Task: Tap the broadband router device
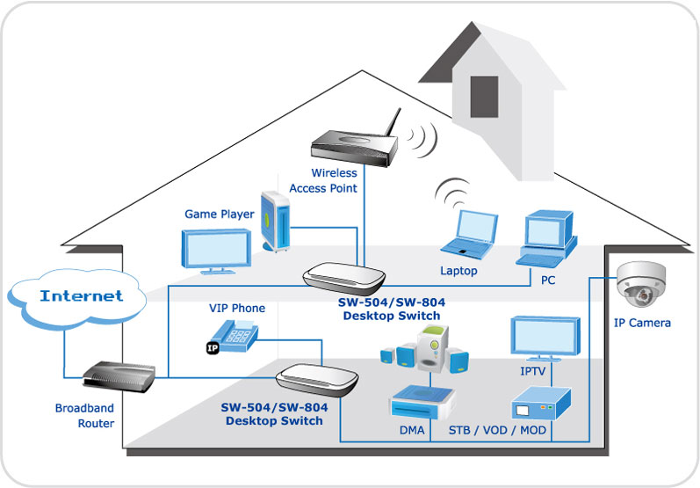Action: coord(112,376)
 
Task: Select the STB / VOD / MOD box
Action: coord(542,404)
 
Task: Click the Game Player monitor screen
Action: coord(215,248)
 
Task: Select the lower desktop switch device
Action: coord(316,382)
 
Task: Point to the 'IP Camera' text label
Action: coord(642,323)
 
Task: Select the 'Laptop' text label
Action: coord(458,271)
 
